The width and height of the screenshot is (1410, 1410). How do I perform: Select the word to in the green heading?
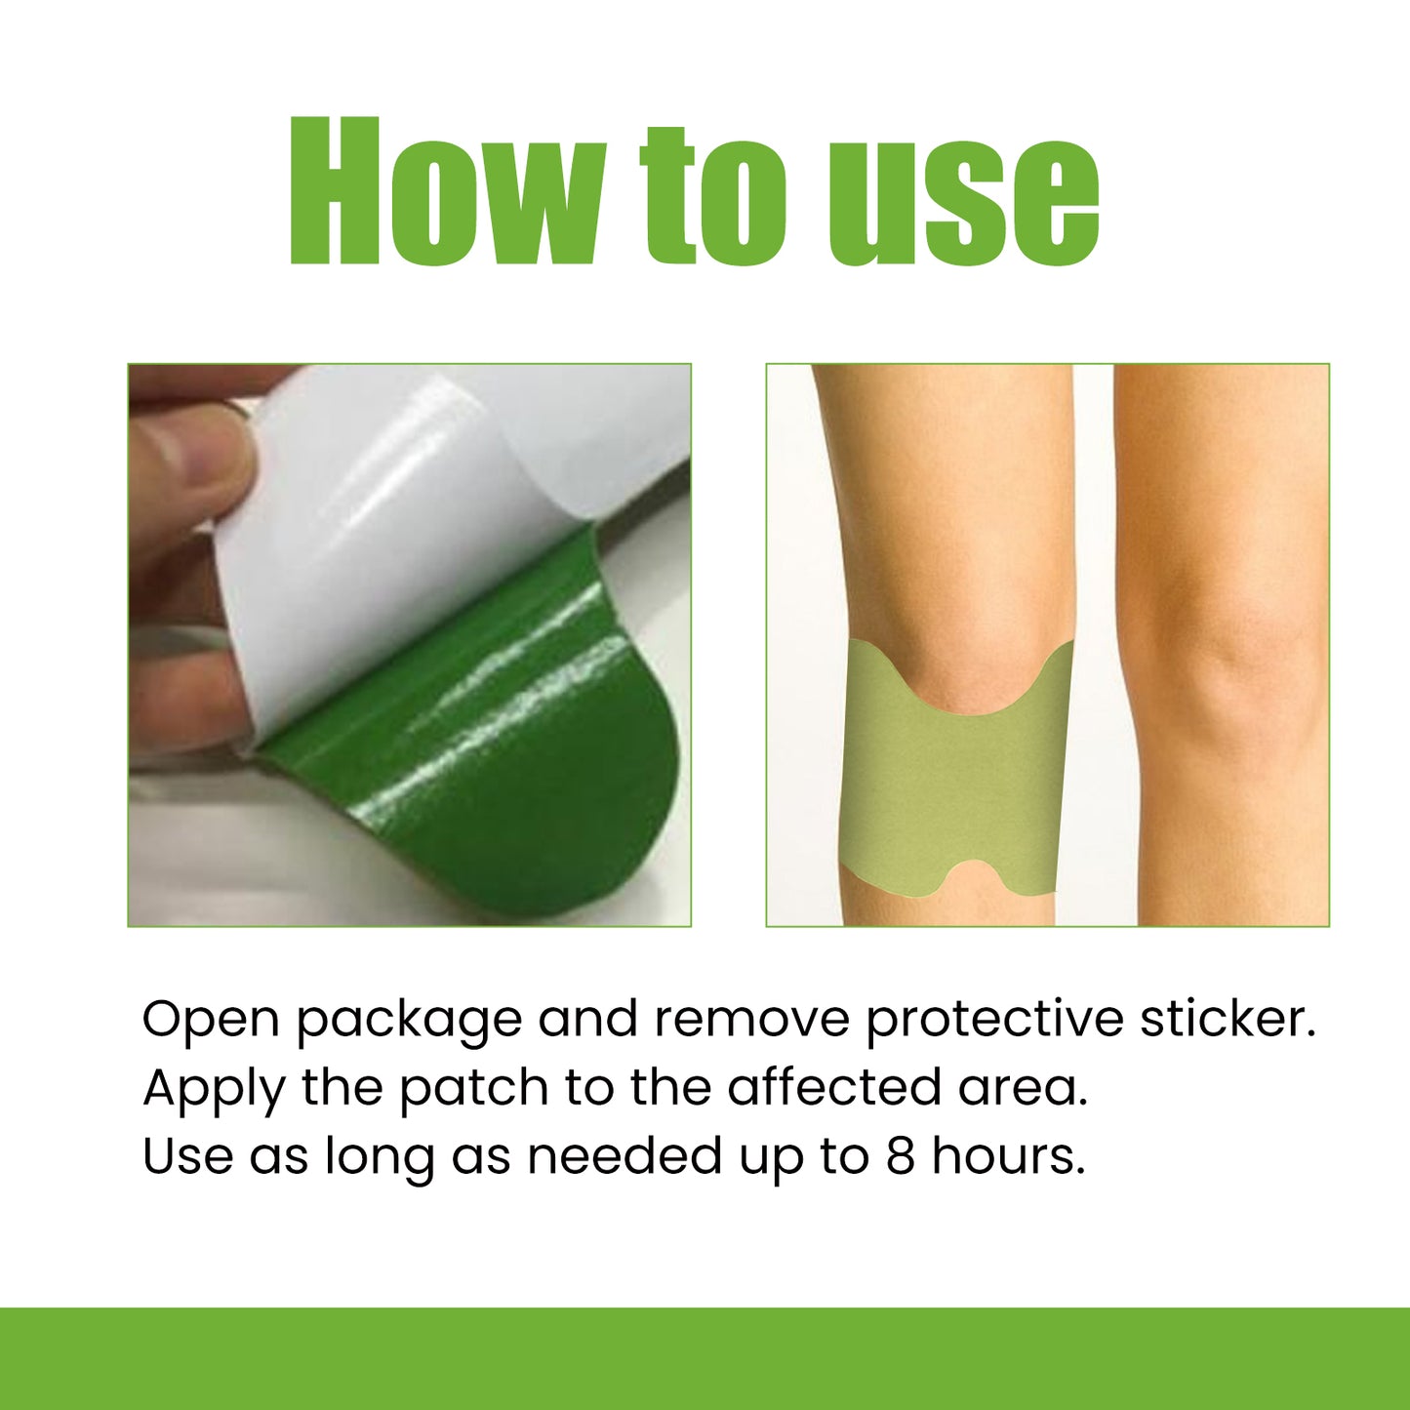coord(713,195)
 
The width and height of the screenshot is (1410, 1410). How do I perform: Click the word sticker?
coord(1228,1020)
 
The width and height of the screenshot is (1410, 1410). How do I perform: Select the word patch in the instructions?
coord(474,1088)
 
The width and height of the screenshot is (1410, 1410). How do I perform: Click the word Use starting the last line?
coord(186,1156)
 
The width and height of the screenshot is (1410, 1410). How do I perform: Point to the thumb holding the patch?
coord(185,459)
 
